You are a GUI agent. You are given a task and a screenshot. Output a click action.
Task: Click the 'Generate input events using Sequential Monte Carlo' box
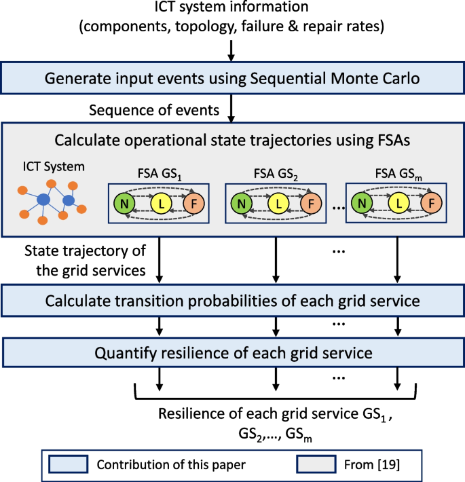(232, 77)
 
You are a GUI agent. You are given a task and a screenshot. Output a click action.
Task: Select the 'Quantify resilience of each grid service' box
(232, 353)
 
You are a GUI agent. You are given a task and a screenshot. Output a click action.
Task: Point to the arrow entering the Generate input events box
(231, 52)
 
